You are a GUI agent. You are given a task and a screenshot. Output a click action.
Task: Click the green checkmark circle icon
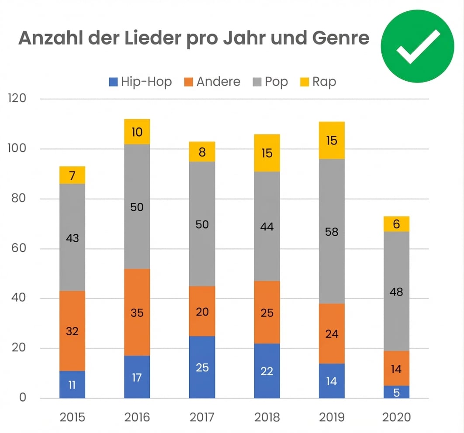coord(417,46)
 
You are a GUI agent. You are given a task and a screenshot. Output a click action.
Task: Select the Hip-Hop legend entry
coord(140,82)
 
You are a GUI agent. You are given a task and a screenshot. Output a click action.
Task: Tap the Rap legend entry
coord(318,82)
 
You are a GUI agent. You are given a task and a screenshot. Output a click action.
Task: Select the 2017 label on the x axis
coord(202,417)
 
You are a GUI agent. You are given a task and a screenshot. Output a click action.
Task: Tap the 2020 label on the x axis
coord(396,417)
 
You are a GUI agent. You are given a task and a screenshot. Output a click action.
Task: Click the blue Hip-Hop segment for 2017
coord(202,367)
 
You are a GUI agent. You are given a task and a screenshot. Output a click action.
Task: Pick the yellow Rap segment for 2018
coord(267,153)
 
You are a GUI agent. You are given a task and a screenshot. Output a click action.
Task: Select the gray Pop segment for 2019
coord(332,231)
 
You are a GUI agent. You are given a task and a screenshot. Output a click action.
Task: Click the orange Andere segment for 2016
coord(137,313)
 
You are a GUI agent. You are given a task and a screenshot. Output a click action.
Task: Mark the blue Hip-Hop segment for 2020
coord(396,392)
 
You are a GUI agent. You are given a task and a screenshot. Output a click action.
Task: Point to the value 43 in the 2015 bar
coord(72,238)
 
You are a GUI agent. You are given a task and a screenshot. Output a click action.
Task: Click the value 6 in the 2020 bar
coord(396,224)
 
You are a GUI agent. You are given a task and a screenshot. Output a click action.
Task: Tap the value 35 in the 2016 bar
coord(137,313)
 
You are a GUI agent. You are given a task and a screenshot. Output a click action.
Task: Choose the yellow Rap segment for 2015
coord(72,175)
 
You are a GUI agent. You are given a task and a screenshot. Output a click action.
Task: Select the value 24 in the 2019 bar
coord(332,334)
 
